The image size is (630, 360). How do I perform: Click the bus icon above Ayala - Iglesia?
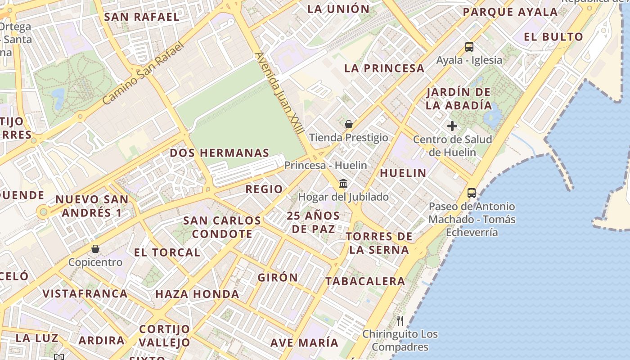[469, 46]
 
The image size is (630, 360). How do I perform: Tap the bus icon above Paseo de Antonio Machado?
[472, 193]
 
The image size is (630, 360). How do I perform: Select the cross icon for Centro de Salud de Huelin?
[452, 126]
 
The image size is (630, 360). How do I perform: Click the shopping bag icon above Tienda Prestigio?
[348, 124]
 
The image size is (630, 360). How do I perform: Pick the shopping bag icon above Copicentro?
[95, 249]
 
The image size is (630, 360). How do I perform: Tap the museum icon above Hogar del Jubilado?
[343, 183]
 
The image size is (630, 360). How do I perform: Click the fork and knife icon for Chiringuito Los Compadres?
[400, 320]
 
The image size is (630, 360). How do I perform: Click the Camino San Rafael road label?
[144, 73]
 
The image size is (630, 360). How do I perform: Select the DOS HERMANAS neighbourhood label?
[220, 153]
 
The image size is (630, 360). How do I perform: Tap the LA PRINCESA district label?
[384, 68]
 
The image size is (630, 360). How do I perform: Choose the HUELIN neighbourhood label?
[403, 173]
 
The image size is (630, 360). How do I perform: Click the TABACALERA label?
[365, 281]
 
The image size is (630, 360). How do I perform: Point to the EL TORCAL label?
[167, 252]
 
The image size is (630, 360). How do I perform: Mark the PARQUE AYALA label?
[510, 12]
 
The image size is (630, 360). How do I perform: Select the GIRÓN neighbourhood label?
[278, 278]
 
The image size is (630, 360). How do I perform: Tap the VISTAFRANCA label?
[85, 294]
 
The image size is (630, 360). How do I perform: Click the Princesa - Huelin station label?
[325, 165]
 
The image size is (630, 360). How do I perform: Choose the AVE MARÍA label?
[304, 342]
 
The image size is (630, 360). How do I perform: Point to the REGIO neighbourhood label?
[264, 189]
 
